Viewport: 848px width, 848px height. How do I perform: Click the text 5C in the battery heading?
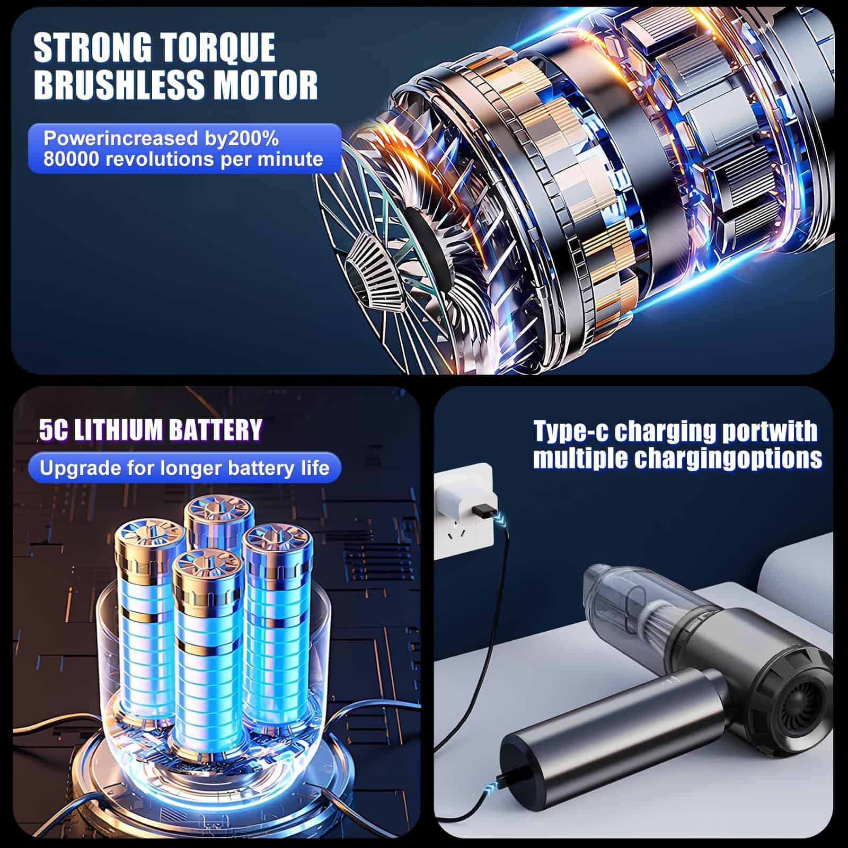54,430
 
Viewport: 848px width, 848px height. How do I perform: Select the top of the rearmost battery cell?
219,511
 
